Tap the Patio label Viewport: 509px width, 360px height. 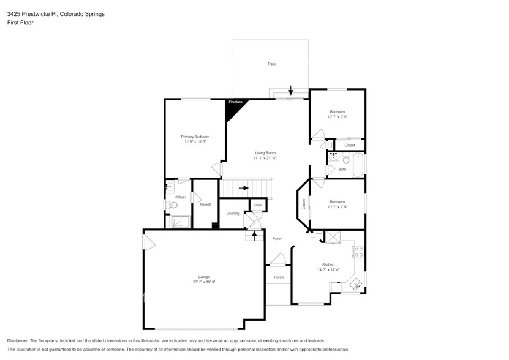coord(271,64)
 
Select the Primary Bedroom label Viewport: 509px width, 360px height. coord(195,136)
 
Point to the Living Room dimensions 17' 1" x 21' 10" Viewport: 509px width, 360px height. coord(265,158)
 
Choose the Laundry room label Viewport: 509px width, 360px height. coord(233,213)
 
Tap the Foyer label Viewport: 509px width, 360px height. coord(276,238)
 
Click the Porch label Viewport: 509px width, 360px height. coord(278,277)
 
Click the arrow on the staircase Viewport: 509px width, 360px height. coord(243,188)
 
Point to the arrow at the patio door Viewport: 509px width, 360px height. coord(291,91)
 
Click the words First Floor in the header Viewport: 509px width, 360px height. coord(20,23)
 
